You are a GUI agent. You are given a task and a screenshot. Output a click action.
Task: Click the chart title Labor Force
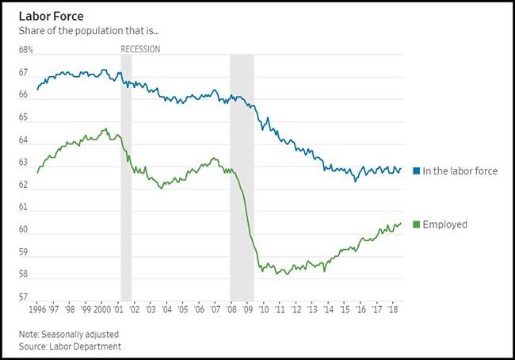pos(51,17)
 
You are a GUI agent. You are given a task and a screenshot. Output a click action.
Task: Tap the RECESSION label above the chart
pos(140,49)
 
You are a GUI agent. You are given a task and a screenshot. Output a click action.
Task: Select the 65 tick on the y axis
pos(25,117)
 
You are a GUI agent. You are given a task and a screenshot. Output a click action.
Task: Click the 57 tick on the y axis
pos(25,298)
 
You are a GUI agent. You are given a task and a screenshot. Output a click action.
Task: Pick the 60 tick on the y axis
pos(25,230)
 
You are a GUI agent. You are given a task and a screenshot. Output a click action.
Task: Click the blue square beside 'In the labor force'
pos(417,171)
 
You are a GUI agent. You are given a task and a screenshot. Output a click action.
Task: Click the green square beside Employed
pos(417,225)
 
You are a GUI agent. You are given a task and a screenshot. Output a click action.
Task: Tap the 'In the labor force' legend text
pos(460,171)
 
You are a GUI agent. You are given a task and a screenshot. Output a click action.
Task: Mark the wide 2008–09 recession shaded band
pos(242,174)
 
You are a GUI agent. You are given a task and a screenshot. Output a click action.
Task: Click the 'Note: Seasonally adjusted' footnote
pos(72,334)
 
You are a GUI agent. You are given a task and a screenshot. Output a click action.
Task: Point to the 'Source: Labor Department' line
pos(72,347)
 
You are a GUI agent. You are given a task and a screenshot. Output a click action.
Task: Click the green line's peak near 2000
pos(105,129)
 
